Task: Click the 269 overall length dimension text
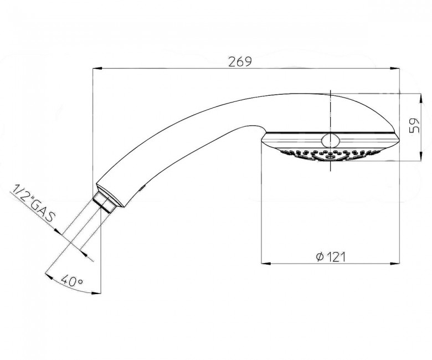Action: tap(240, 61)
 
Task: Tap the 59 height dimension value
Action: tap(414, 126)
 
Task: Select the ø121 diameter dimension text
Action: tap(331, 257)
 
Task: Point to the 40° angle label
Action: tap(71, 281)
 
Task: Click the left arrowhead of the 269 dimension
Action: tap(97, 68)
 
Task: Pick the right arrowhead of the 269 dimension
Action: tap(394, 68)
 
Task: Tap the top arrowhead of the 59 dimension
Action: tap(420, 99)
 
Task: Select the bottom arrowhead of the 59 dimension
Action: tap(420, 156)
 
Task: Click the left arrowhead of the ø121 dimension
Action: tap(266, 264)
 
